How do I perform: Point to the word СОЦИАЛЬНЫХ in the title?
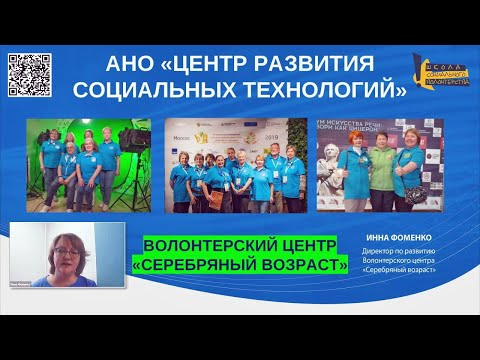click(161, 91)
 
